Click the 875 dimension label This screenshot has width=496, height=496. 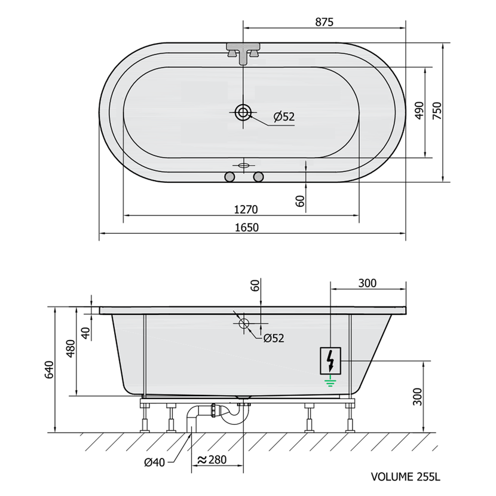(x=324, y=22)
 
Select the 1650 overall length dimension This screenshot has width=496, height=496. (x=247, y=228)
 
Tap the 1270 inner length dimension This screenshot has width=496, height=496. (x=246, y=209)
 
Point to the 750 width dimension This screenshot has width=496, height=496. (x=437, y=111)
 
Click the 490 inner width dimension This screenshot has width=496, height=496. (x=419, y=111)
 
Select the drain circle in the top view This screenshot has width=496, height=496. (x=243, y=112)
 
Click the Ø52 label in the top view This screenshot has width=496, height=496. (x=284, y=117)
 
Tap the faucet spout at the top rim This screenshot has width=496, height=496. (x=243, y=53)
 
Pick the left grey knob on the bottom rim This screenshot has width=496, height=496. (x=229, y=177)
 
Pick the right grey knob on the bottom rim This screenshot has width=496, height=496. (x=258, y=177)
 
